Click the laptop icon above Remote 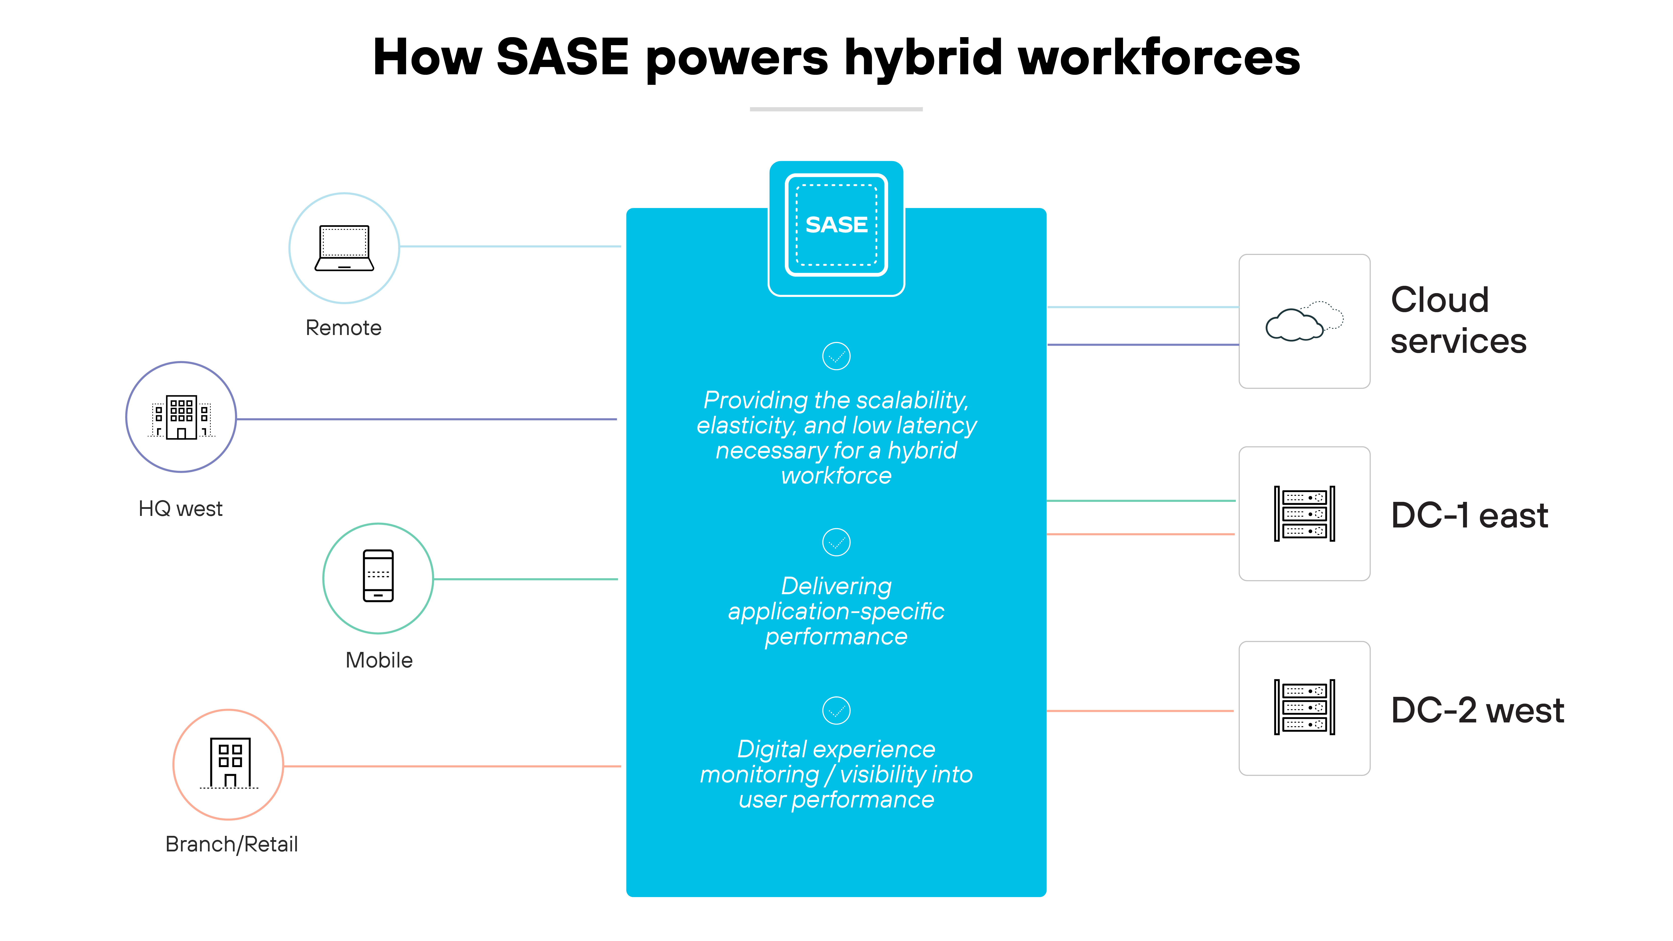[x=344, y=248]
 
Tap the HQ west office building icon [x=181, y=417]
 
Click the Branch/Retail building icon [x=229, y=763]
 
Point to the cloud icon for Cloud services [x=1303, y=321]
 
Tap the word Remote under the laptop [x=343, y=328]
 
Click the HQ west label [x=181, y=508]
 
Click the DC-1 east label [x=1469, y=516]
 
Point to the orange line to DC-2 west [x=1140, y=711]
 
